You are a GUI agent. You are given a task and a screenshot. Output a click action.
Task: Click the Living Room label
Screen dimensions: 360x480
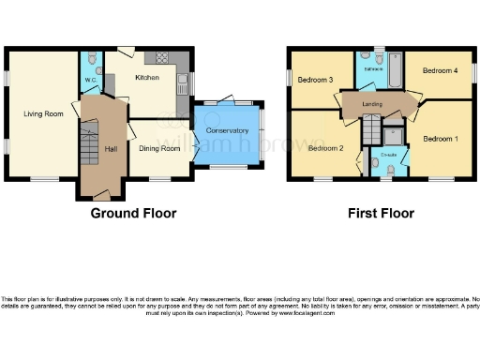pos(43,113)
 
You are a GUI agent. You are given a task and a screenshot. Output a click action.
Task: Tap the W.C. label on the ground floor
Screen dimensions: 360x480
pos(91,80)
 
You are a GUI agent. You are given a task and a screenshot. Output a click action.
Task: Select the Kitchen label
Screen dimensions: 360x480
pos(147,77)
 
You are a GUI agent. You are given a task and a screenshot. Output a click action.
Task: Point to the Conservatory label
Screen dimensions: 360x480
pos(228,130)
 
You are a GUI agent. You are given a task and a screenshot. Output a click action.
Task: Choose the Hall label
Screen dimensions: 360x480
pos(111,149)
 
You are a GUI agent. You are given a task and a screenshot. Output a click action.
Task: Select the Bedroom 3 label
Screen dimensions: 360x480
pos(316,80)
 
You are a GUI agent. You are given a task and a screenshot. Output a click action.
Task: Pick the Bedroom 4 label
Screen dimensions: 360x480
pos(440,70)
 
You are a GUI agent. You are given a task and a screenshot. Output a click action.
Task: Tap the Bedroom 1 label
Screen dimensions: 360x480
pos(441,139)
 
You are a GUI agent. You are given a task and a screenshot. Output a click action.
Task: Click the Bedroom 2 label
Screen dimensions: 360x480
pos(325,148)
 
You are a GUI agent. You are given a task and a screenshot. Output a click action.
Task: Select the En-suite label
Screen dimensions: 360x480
pos(387,152)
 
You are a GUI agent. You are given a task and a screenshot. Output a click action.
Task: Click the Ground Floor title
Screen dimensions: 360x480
pos(133,213)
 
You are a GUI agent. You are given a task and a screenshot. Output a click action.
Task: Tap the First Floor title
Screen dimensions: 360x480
pos(380,213)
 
